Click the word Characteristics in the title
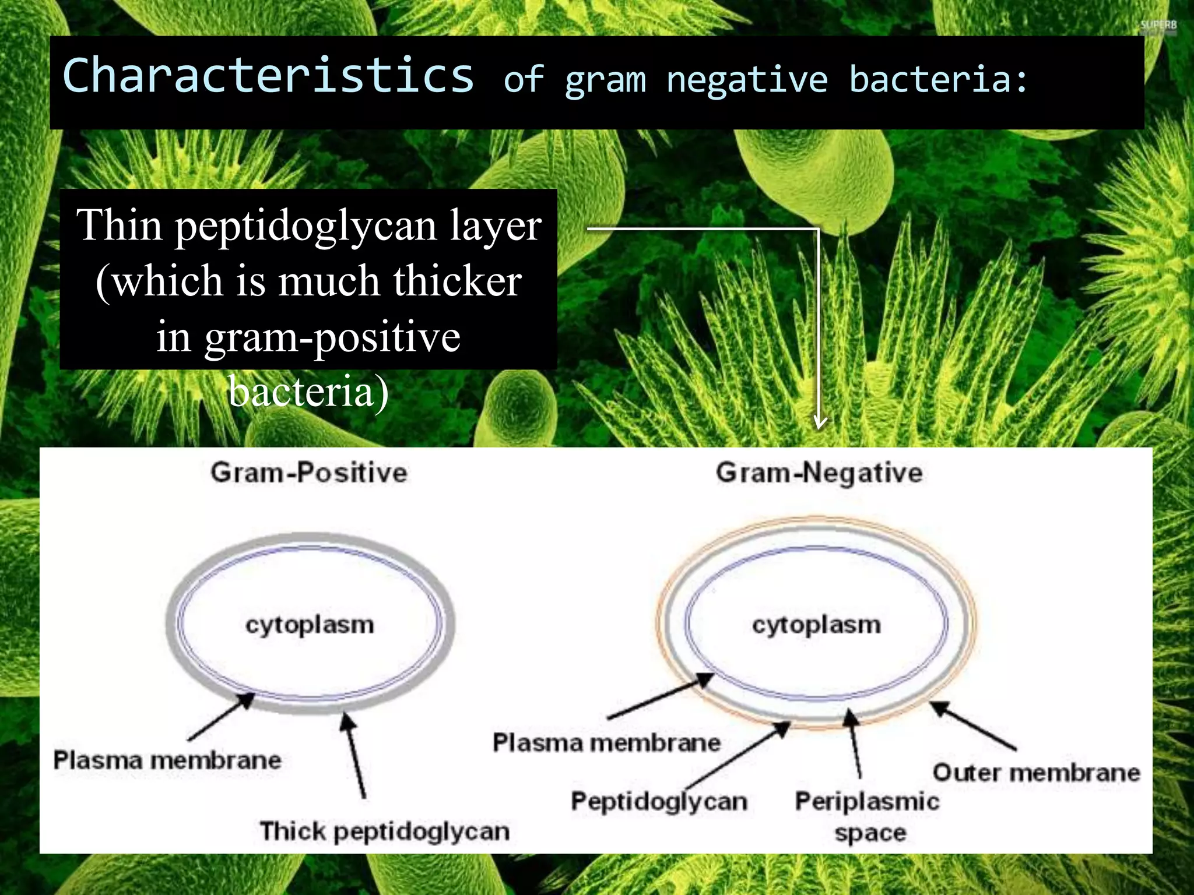point(268,76)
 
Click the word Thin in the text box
point(120,225)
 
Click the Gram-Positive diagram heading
point(309,472)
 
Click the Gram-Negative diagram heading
point(819,473)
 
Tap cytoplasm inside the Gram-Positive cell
point(310,625)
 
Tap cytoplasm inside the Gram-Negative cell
point(816,625)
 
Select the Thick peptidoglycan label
point(385,831)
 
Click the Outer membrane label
point(1036,773)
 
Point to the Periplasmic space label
point(868,816)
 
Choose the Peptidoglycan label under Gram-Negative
point(659,801)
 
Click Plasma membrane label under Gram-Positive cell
point(167,760)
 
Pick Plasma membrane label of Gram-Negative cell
point(606,743)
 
